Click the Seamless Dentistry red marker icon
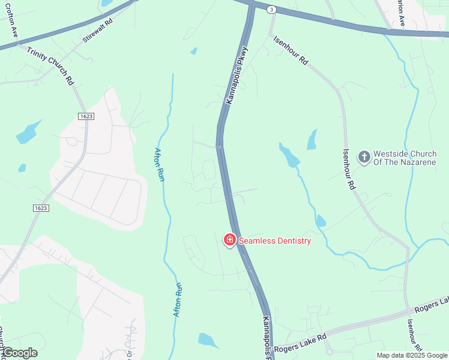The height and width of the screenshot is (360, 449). click(x=229, y=241)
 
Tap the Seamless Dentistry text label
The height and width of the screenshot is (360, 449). click(x=275, y=241)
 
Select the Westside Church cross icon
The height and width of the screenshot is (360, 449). click(x=364, y=157)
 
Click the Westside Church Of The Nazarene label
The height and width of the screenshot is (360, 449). click(x=405, y=157)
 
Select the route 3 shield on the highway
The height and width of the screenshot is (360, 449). click(x=271, y=10)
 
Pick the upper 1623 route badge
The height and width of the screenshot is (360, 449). click(x=86, y=116)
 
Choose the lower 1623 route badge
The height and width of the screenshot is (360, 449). click(x=41, y=208)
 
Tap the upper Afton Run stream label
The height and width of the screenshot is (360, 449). click(x=160, y=165)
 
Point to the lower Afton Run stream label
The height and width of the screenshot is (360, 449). click(x=178, y=299)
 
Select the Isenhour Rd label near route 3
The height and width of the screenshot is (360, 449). click(x=291, y=52)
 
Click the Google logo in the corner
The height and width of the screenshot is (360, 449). click(x=19, y=353)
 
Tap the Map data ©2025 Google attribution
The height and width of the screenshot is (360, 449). click(x=412, y=355)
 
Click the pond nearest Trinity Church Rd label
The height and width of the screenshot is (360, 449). click(x=29, y=132)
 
